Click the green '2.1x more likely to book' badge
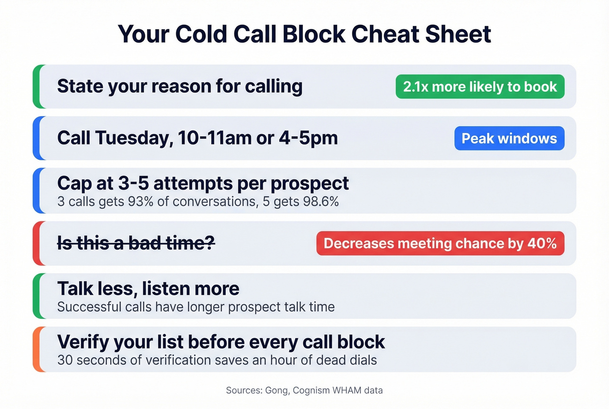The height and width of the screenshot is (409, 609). click(x=480, y=87)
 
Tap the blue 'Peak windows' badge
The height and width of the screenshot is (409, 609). click(x=509, y=139)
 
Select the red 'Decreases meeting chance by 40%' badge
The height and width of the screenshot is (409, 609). click(x=440, y=243)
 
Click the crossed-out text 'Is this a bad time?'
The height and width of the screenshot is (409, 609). click(x=136, y=243)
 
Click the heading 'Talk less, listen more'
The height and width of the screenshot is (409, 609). click(x=148, y=288)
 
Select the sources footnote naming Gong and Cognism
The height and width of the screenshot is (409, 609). click(x=304, y=390)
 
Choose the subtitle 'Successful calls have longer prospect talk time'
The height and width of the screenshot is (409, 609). click(x=196, y=307)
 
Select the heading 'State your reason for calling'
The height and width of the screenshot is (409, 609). click(x=180, y=86)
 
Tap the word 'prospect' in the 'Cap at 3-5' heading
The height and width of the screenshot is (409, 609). click(x=309, y=183)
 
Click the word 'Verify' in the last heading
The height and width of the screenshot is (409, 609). click(x=83, y=342)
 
